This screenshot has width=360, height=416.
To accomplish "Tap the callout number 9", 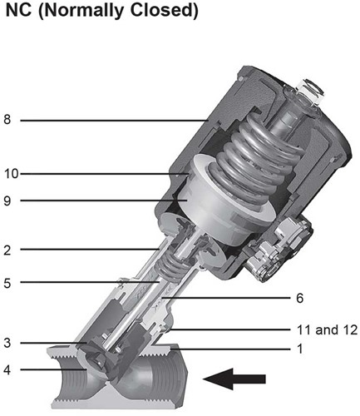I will [8, 201].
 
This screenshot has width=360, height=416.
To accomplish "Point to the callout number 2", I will [8, 248].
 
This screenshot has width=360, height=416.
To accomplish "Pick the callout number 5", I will [8, 283].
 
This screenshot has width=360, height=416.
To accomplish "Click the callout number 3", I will [8, 343].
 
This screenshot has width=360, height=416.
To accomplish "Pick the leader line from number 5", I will [83, 283].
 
